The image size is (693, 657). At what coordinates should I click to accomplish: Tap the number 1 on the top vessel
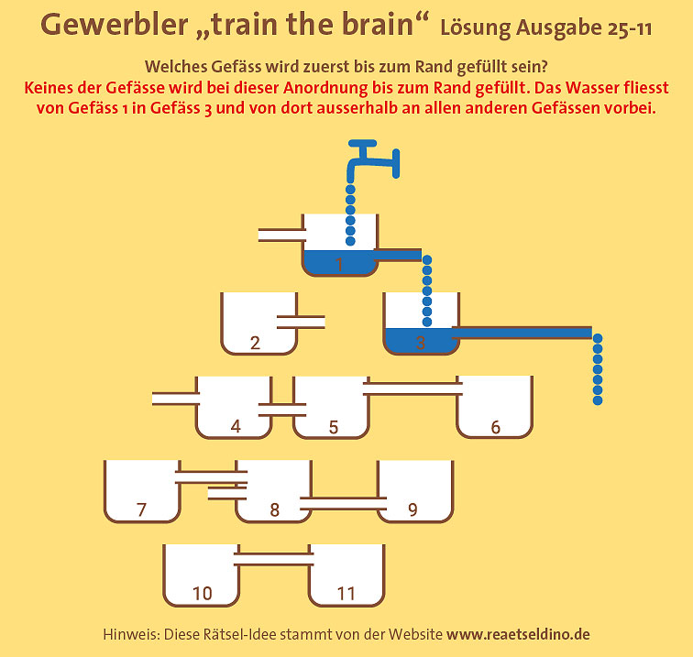click(338, 265)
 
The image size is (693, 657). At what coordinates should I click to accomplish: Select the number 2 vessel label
click(255, 344)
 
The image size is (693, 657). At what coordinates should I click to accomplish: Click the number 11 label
click(346, 594)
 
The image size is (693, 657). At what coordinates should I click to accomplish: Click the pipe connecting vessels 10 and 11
click(272, 554)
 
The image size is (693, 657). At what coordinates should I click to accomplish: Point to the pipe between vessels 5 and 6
click(412, 388)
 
